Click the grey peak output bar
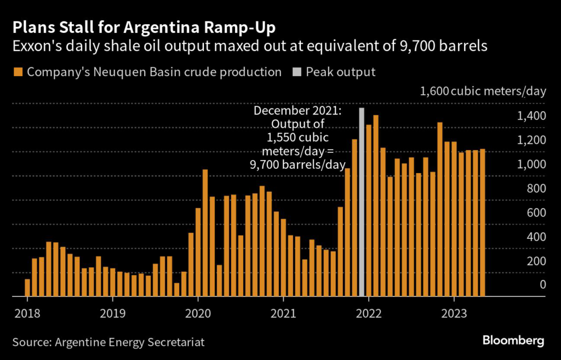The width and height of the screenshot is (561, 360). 362,202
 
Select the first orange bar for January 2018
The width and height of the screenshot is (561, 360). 27,288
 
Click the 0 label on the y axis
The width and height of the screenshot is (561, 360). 542,285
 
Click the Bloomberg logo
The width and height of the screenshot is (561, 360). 513,341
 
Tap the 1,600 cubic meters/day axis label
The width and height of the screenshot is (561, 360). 483,91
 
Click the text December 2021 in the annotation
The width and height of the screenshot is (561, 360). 297,111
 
